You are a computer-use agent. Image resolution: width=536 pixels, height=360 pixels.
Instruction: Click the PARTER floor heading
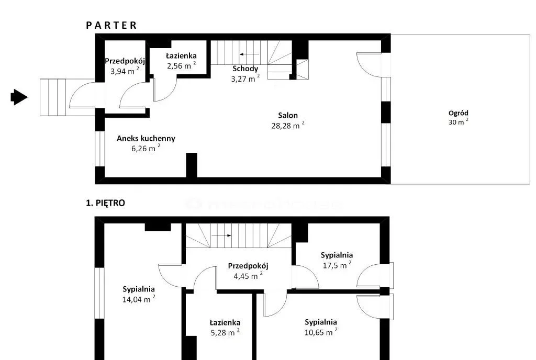(x=111, y=25)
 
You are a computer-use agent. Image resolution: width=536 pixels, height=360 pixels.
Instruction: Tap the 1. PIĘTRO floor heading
(x=105, y=203)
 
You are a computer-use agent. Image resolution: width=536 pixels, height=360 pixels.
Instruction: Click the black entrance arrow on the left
(x=19, y=97)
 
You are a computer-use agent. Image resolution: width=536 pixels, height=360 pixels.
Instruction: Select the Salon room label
(x=288, y=116)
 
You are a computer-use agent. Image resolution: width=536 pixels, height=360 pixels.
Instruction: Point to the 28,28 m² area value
(x=288, y=126)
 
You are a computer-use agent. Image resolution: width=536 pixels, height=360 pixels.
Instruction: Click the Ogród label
(x=459, y=113)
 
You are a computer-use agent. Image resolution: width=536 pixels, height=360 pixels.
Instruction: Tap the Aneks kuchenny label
(x=146, y=138)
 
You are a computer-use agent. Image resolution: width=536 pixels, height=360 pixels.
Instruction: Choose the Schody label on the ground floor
(x=245, y=69)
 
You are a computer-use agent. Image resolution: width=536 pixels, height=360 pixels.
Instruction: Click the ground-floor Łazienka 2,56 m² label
(x=181, y=61)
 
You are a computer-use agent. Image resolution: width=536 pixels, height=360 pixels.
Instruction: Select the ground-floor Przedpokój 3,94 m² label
(x=125, y=66)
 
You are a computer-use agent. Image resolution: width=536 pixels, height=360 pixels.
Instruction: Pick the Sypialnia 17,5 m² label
(x=337, y=260)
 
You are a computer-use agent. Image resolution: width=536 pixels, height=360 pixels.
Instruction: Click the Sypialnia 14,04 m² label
(x=139, y=294)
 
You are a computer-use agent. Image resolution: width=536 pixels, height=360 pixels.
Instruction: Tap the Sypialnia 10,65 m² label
(x=321, y=327)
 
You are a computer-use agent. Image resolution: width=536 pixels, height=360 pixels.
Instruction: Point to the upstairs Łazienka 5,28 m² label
(x=225, y=328)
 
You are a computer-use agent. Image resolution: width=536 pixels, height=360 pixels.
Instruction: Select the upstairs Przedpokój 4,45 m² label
(x=248, y=271)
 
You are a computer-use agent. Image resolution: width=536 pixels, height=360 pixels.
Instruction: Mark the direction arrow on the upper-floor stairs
(x=221, y=235)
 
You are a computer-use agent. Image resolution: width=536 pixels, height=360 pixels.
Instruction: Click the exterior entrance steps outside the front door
(x=53, y=97)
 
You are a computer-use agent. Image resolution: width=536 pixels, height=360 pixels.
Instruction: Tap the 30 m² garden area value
(x=459, y=122)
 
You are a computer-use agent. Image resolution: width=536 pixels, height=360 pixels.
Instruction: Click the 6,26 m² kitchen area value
(x=146, y=148)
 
